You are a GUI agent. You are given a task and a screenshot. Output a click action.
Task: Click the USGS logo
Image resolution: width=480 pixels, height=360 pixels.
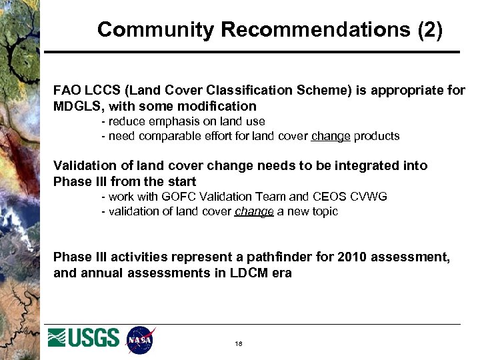tap(84, 338)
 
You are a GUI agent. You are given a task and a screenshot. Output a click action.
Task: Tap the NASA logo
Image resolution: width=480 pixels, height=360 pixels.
tap(140, 340)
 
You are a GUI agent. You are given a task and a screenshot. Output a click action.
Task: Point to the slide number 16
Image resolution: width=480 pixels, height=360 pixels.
tap(239, 344)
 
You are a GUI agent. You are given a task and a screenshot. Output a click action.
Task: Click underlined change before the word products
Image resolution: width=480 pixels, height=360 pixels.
tap(331, 136)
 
